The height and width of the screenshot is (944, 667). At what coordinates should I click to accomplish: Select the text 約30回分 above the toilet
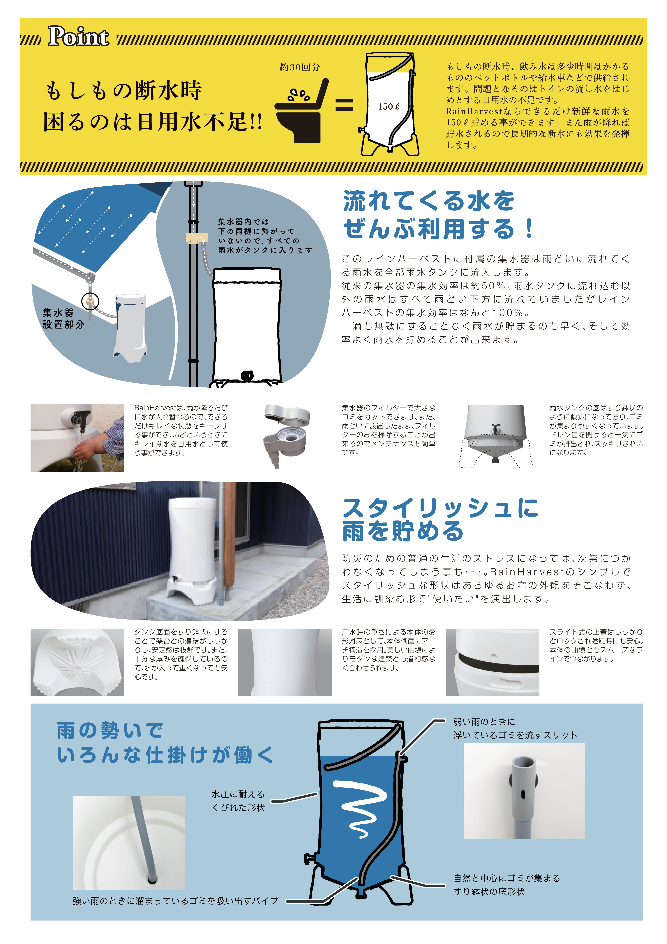[300, 67]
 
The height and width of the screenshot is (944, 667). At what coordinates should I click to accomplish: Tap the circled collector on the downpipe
[90, 301]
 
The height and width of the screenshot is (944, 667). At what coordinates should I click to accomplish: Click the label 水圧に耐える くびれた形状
[238, 800]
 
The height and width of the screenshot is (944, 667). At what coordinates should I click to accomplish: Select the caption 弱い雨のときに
[484, 722]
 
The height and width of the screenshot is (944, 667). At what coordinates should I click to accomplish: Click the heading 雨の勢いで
[110, 730]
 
